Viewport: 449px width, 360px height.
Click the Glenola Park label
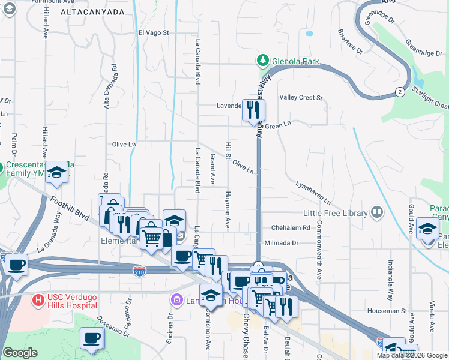click(x=295, y=61)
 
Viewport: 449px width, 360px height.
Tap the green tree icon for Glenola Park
click(x=262, y=61)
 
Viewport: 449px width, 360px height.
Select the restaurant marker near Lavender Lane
click(x=253, y=110)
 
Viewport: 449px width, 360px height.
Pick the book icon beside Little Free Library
click(x=377, y=212)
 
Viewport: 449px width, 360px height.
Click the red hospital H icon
click(x=38, y=299)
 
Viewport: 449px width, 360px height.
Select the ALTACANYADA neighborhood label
click(x=92, y=12)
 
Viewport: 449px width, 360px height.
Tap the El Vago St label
click(x=154, y=33)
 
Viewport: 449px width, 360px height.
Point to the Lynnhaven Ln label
click(x=313, y=193)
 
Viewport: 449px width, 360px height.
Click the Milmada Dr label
click(x=281, y=243)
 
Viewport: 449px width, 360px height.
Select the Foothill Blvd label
click(x=70, y=209)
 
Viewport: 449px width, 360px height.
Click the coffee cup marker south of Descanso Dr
click(x=92, y=339)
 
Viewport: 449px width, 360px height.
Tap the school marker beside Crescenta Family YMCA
click(x=58, y=173)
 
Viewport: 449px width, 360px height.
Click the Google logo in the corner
click(x=20, y=353)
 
